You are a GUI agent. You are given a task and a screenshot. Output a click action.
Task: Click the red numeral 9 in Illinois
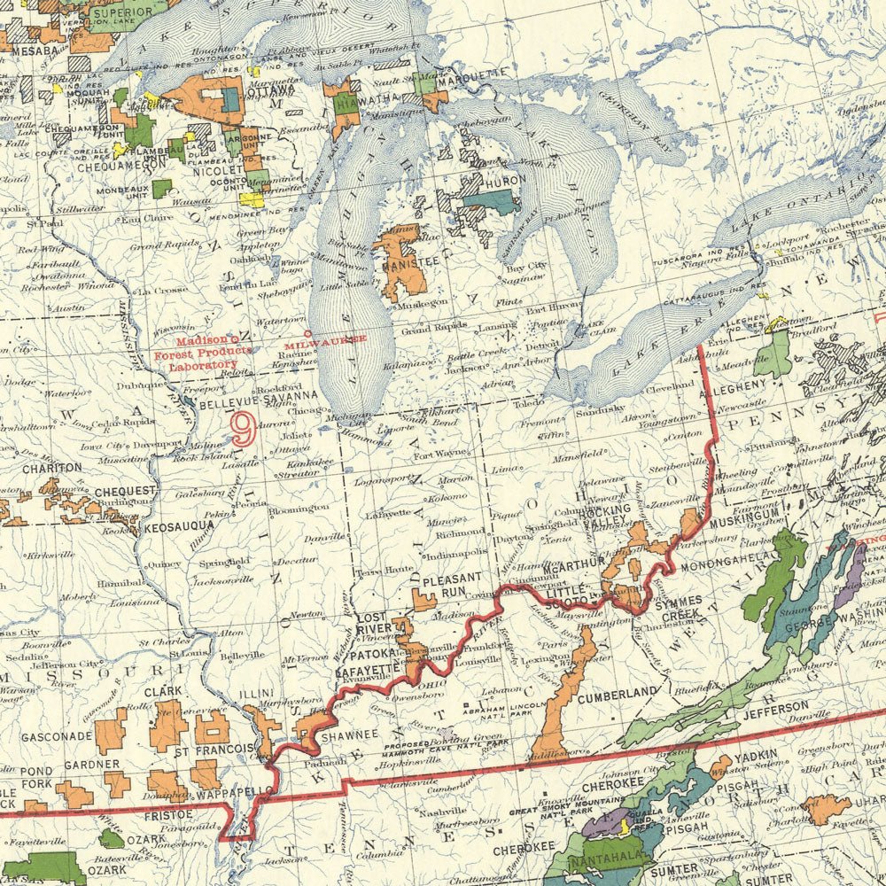tap(240, 429)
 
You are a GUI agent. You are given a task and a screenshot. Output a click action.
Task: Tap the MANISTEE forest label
tap(408, 262)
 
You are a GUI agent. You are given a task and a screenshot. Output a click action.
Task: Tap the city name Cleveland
tap(669, 387)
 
